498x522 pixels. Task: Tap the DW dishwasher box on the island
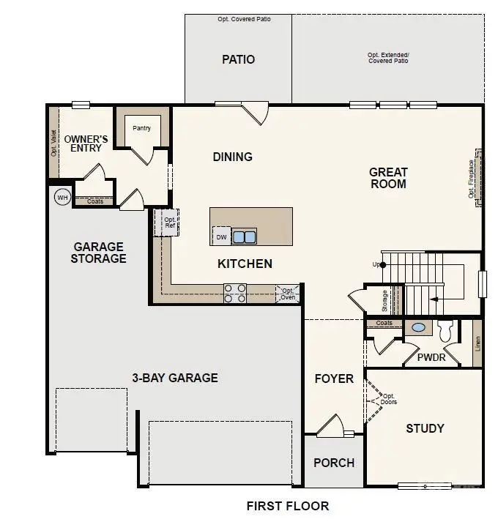pyautogui.click(x=220, y=236)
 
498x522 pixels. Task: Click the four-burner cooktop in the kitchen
pyautogui.click(x=234, y=293)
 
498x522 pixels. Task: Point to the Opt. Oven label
pyautogui.click(x=287, y=293)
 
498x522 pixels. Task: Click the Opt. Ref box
pyautogui.click(x=168, y=222)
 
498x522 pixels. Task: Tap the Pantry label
pyautogui.click(x=141, y=128)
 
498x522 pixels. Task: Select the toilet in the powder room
pyautogui.click(x=445, y=330)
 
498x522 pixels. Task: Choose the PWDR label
pyautogui.click(x=431, y=359)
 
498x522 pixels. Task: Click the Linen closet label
pyautogui.click(x=477, y=342)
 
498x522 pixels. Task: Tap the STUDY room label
pyautogui.click(x=425, y=428)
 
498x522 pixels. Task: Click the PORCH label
pyautogui.click(x=333, y=463)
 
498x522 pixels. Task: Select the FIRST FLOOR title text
pyautogui.click(x=287, y=506)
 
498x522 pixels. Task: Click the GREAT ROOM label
pyautogui.click(x=388, y=178)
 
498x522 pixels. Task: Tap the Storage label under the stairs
pyautogui.click(x=384, y=299)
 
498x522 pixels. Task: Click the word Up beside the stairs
pyautogui.click(x=376, y=264)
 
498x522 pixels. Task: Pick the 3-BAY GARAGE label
pyautogui.click(x=174, y=378)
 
